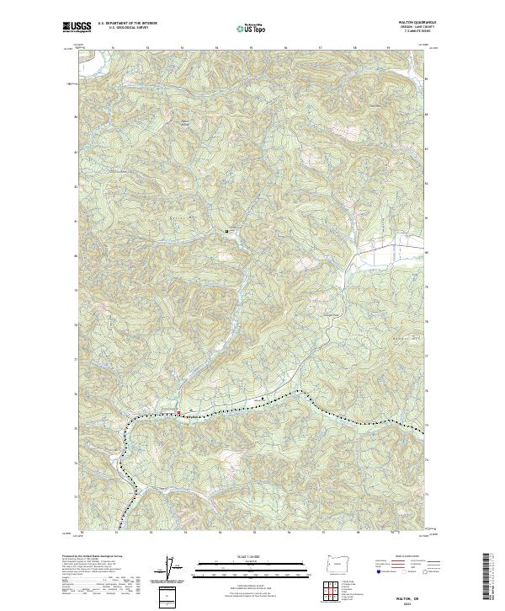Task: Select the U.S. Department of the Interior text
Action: click(127, 24)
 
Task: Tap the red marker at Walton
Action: click(178, 412)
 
